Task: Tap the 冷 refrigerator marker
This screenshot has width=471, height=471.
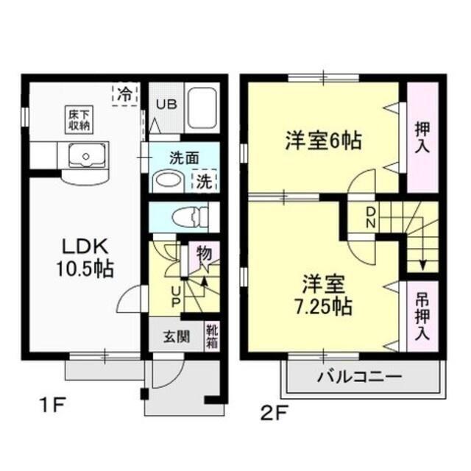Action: [x=126, y=94]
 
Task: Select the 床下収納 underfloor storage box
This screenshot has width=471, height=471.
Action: [x=79, y=119]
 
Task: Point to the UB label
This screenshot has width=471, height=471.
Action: [x=165, y=105]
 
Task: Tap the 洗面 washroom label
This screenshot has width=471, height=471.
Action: [x=183, y=157]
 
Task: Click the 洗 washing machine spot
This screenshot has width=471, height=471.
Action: [x=203, y=181]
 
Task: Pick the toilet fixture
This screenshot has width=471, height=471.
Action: [x=183, y=216]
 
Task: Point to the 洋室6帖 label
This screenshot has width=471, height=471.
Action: [x=323, y=140]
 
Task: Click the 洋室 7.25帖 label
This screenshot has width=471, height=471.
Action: [x=323, y=293]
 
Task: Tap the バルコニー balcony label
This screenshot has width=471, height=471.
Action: [x=359, y=378]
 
